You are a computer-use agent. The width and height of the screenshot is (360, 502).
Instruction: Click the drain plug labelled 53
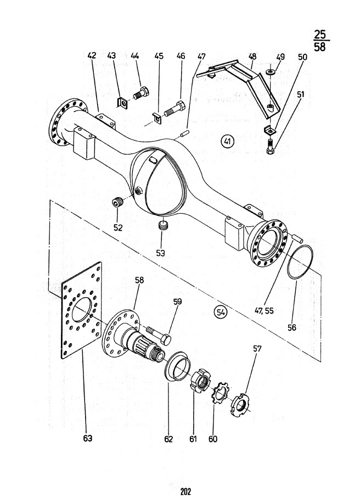[162, 225]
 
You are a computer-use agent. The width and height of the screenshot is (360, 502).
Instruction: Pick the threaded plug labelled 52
[117, 203]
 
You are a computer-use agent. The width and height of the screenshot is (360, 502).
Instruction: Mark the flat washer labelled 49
[271, 72]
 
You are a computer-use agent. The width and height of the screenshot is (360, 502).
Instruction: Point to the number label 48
[252, 57]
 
